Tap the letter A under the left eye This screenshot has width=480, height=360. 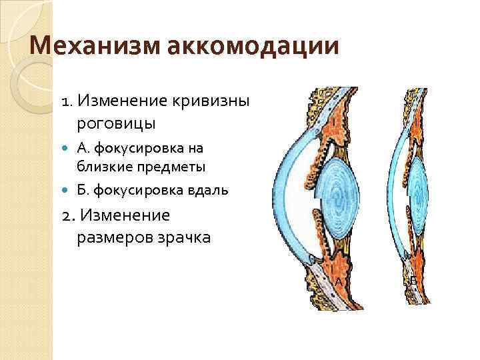[x=339, y=283]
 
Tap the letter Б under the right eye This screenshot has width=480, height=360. [x=413, y=282]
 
